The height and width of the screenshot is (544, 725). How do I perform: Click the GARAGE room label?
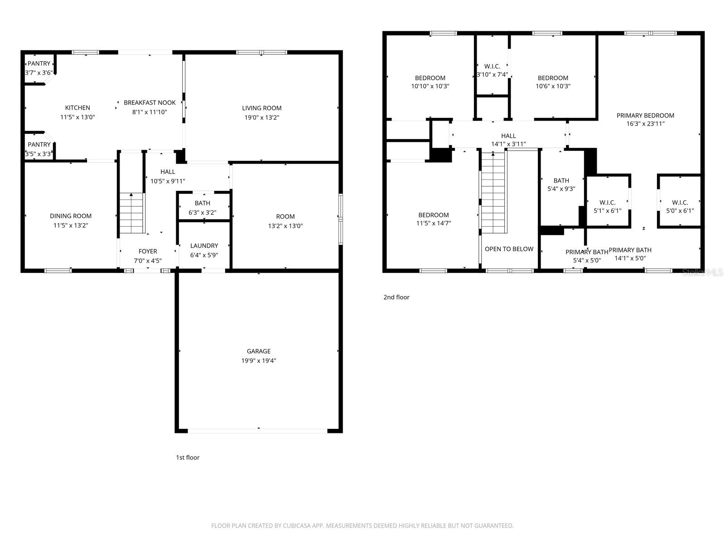click(x=259, y=351)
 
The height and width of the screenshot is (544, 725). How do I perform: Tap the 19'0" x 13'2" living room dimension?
click(x=261, y=118)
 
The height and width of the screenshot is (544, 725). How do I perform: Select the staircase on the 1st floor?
click(x=131, y=213)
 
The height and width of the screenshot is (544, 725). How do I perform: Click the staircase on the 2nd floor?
click(x=493, y=193)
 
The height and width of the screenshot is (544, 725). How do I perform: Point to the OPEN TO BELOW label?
click(x=509, y=249)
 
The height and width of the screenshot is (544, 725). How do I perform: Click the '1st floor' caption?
click(x=188, y=457)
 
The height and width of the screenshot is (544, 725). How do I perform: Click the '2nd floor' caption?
click(x=396, y=297)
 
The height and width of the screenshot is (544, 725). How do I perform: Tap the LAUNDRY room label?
click(x=204, y=246)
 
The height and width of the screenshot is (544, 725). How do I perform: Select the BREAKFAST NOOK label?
click(x=150, y=103)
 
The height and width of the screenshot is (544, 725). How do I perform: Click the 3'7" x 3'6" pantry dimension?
click(x=39, y=73)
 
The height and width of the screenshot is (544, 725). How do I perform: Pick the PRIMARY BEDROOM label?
click(x=645, y=116)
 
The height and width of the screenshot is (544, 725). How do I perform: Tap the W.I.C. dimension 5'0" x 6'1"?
click(x=680, y=211)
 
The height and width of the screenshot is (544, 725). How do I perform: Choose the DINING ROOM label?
click(x=71, y=216)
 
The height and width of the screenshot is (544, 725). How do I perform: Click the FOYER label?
click(x=148, y=251)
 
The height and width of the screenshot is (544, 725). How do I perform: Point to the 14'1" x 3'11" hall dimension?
click(x=508, y=144)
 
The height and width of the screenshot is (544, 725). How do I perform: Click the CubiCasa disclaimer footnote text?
click(x=362, y=526)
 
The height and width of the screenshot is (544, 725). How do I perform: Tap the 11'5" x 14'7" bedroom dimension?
click(x=434, y=223)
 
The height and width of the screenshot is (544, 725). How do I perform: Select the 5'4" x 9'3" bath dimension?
click(x=561, y=189)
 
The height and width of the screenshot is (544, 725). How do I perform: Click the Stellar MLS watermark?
click(x=703, y=272)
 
